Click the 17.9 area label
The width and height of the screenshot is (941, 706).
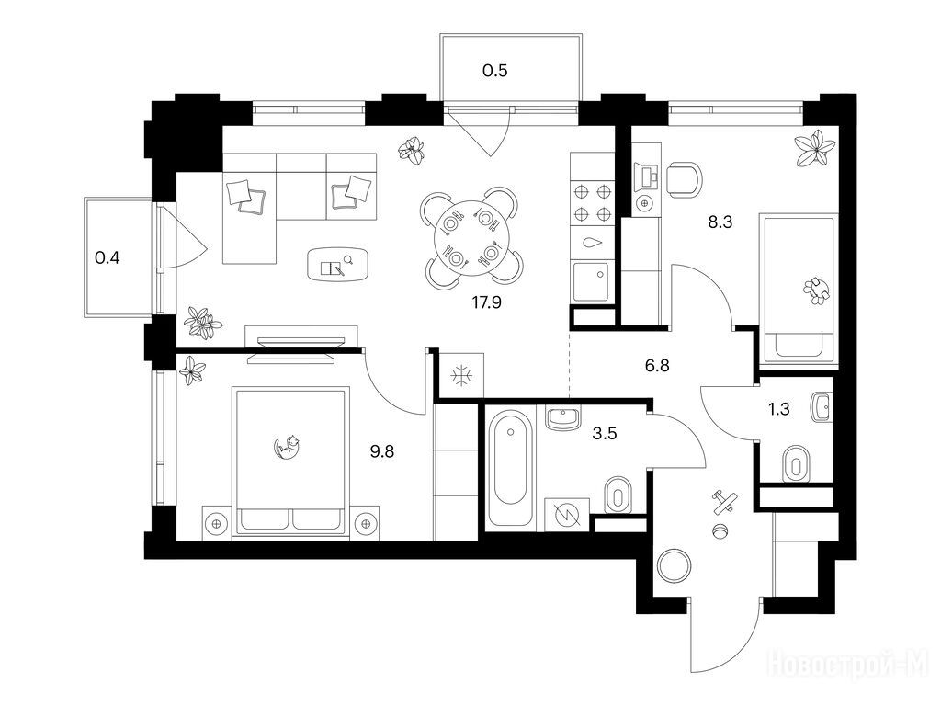[486, 302]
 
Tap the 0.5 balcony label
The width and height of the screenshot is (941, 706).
[495, 71]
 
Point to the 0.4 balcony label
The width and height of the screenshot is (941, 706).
[108, 258]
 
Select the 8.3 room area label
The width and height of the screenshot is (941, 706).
[720, 222]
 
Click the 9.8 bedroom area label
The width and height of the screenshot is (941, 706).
[381, 451]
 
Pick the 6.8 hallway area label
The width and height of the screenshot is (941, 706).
[657, 365]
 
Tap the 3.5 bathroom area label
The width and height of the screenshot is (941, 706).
[605, 434]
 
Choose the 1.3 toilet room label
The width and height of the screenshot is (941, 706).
[779, 409]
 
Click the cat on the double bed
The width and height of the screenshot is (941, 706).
[287, 448]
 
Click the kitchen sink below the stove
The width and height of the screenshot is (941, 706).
[592, 282]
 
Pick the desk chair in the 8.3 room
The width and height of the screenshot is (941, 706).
[684, 180]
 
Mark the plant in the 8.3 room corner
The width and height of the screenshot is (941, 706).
[814, 147]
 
